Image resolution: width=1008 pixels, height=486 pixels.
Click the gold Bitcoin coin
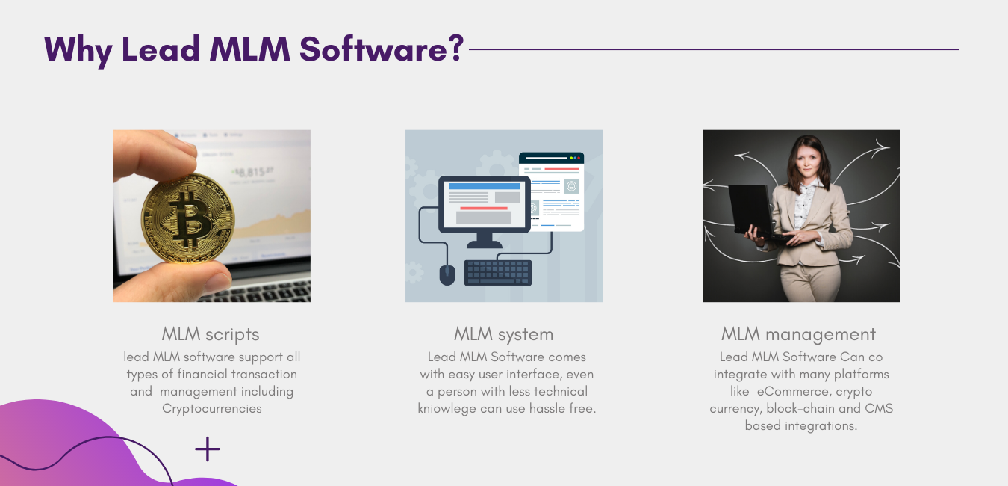[x=187, y=218]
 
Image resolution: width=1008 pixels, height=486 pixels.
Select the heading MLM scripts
[x=211, y=335]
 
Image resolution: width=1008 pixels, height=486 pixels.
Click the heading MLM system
[x=503, y=335]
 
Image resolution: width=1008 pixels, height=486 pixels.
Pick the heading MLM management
[x=798, y=335]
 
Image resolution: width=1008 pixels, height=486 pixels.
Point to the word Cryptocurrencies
[x=212, y=409]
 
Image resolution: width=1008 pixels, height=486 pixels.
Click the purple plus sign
[x=208, y=449]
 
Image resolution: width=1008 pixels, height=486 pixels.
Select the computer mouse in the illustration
[x=447, y=274]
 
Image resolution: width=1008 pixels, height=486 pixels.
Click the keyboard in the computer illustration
[x=498, y=272]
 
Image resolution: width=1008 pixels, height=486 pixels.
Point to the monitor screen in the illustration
[x=484, y=204]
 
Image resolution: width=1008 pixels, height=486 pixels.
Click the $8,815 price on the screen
[x=253, y=172]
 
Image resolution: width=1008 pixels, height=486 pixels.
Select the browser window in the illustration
[x=552, y=191]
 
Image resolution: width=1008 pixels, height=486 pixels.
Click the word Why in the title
[x=78, y=50]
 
